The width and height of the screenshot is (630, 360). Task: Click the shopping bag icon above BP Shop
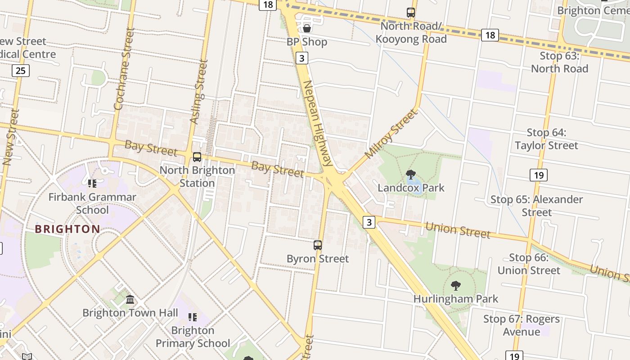(x=307, y=28)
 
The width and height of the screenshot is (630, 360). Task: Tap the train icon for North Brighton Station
(x=197, y=157)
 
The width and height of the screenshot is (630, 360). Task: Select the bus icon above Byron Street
(x=318, y=245)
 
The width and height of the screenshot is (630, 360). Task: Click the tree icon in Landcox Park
(x=410, y=175)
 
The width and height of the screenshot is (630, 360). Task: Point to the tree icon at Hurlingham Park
(x=455, y=285)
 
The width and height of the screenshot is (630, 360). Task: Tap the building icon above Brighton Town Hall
(x=130, y=299)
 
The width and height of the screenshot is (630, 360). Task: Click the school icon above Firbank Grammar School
(x=92, y=184)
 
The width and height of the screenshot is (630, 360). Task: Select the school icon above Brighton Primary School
(x=193, y=317)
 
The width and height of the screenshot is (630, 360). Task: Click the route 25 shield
(x=21, y=70)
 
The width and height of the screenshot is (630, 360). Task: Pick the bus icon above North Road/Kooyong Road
(x=410, y=13)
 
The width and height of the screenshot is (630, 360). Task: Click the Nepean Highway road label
(x=317, y=124)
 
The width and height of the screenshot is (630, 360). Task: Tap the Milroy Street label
(x=391, y=134)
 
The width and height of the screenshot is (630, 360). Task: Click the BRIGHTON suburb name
(x=67, y=229)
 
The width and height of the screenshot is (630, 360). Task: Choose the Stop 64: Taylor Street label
(x=546, y=139)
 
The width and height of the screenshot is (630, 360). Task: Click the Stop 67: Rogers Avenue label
(x=522, y=325)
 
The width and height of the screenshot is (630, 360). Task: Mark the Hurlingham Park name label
(x=455, y=299)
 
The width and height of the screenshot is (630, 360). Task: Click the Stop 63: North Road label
(x=559, y=63)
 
